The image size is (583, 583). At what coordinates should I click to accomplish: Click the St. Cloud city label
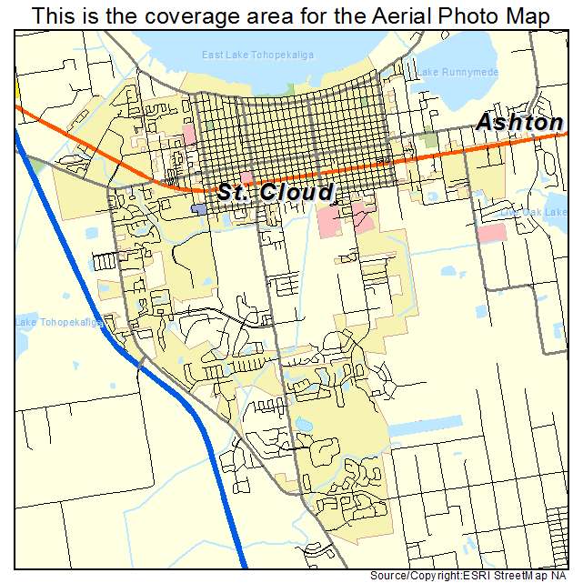[x=275, y=193]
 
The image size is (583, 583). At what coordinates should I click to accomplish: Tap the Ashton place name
[x=519, y=123]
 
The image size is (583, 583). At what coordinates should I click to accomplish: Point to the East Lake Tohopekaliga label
[x=257, y=55]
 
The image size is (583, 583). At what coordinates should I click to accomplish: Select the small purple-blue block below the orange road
[x=199, y=209]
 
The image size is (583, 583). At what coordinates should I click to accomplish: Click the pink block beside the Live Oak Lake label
[x=492, y=233]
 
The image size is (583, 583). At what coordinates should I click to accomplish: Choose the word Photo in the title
[x=464, y=15]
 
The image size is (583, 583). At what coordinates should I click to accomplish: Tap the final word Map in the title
[x=528, y=15]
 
